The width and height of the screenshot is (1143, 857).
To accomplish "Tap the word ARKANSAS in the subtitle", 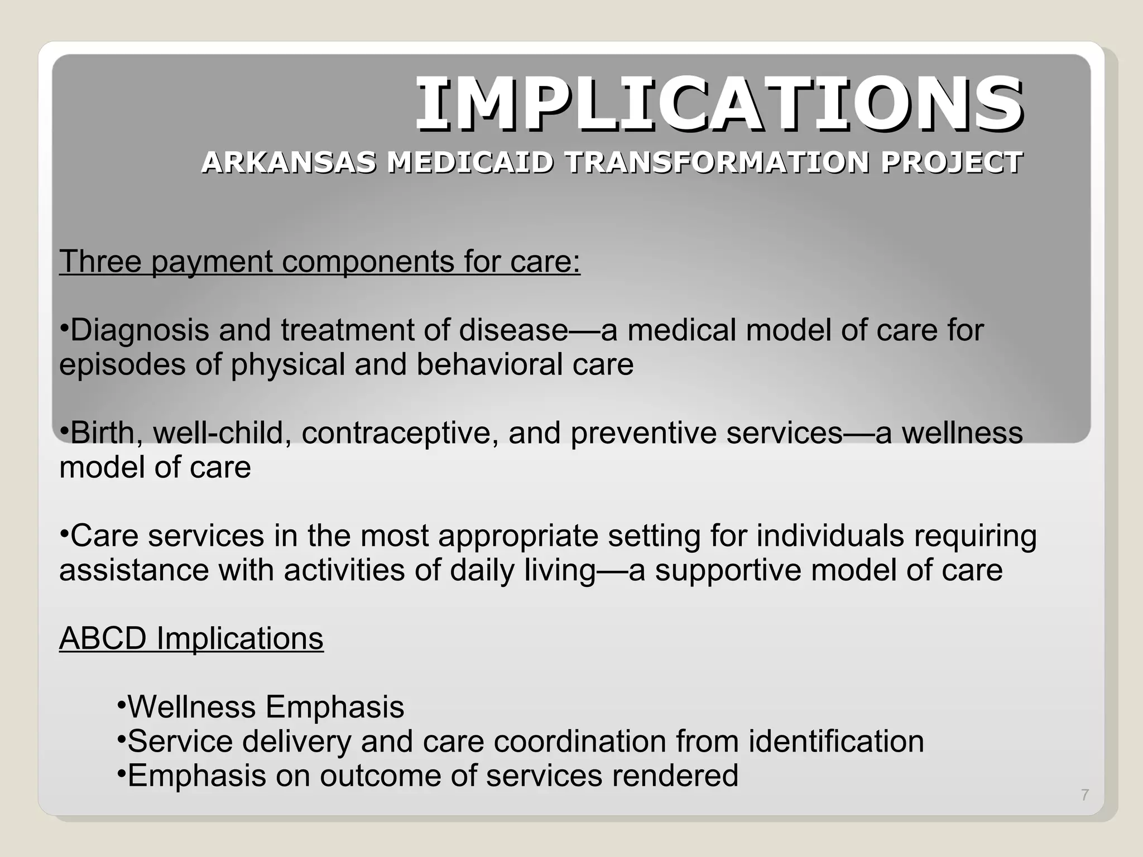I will (x=289, y=163).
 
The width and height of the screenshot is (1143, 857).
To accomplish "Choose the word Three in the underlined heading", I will (x=100, y=261).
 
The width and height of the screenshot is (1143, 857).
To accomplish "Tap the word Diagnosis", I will (x=140, y=330).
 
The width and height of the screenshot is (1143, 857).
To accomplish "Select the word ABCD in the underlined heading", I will (x=103, y=638).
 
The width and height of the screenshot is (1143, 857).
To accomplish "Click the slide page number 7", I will (x=1085, y=795).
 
